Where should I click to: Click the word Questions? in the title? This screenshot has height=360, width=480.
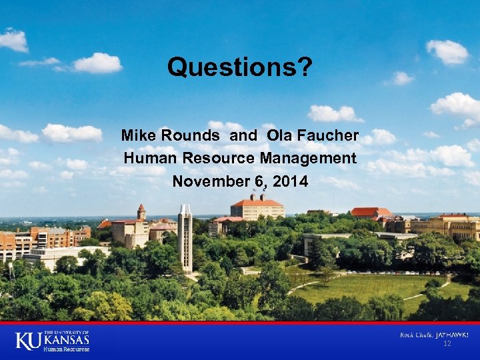point(239,67)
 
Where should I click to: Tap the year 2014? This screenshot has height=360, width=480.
point(289,181)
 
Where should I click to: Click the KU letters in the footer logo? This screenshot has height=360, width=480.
point(27,341)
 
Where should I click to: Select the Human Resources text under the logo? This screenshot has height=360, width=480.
point(66,349)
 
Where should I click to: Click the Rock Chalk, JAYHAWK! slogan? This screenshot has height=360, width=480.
point(433,334)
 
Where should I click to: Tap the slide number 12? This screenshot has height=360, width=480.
point(447,344)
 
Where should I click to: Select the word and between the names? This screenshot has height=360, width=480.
point(243,135)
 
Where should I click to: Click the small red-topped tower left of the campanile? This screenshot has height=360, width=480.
point(141,213)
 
